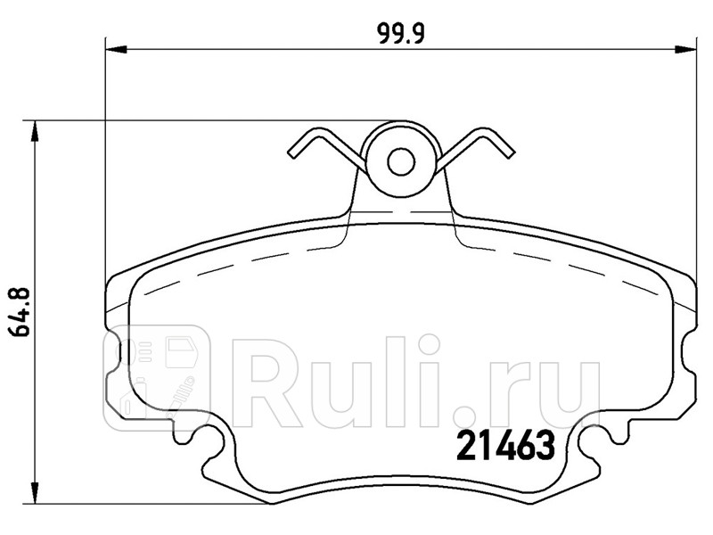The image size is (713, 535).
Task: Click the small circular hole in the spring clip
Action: (402, 160)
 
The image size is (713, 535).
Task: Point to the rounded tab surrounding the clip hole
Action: (402, 178)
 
